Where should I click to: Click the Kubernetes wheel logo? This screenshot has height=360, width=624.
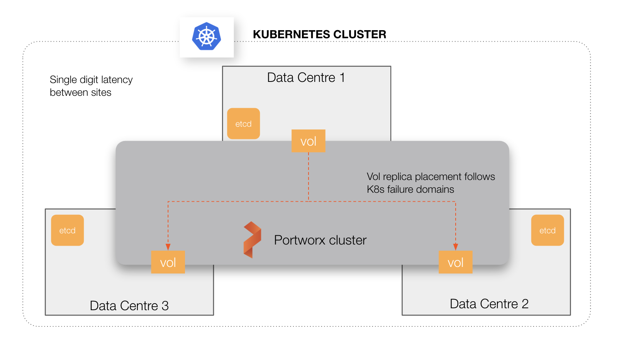207,36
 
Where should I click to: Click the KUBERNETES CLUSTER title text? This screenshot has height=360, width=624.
319,34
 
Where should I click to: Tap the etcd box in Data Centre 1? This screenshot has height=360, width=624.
243,124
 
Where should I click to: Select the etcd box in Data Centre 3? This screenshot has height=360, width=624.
67,230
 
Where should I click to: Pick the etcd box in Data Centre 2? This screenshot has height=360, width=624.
547,230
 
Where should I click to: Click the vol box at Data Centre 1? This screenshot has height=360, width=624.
308,141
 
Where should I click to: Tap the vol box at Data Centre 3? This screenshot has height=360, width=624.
168,262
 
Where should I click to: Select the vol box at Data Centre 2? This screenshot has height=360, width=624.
455,262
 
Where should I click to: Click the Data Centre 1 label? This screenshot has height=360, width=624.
305,78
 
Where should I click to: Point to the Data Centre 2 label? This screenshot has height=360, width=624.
489,304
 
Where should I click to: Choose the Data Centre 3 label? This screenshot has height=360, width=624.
129,306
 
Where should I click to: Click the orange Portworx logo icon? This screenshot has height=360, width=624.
252,239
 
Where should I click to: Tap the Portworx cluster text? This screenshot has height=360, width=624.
320,240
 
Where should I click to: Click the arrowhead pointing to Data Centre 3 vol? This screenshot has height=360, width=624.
168,247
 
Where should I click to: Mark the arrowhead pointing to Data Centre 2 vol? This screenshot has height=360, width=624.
456,247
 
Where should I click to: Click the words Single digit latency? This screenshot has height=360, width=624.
91,80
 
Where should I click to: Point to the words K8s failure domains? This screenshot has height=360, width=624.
410,189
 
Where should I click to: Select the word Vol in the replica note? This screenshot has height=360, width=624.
373,177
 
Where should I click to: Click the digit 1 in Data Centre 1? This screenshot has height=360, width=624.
342,78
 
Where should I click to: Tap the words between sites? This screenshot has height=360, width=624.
80,93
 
